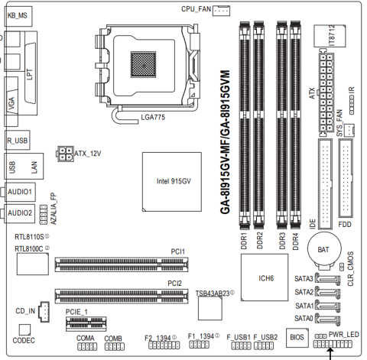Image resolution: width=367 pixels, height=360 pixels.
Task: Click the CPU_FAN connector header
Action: pyautogui.click(x=221, y=11)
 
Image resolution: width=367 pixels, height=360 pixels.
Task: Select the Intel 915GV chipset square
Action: pyautogui.click(x=172, y=182)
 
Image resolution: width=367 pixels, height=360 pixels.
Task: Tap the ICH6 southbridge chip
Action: pyautogui.click(x=265, y=277)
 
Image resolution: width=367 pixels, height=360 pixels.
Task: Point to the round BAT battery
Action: pyautogui.click(x=324, y=248)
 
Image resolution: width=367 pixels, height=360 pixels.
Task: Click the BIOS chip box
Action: pyautogui.click(x=297, y=338)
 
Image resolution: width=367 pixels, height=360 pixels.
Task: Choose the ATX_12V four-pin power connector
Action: pyautogui.click(x=66, y=154)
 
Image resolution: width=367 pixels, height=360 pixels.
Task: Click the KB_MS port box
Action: pyautogui.click(x=18, y=16)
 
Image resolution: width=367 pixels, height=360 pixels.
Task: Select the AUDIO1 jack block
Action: pyautogui.click(x=20, y=192)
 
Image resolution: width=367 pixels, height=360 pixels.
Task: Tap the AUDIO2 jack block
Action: pyautogui.click(x=20, y=213)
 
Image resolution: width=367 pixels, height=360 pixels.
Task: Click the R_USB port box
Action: pyautogui.click(x=18, y=140)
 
